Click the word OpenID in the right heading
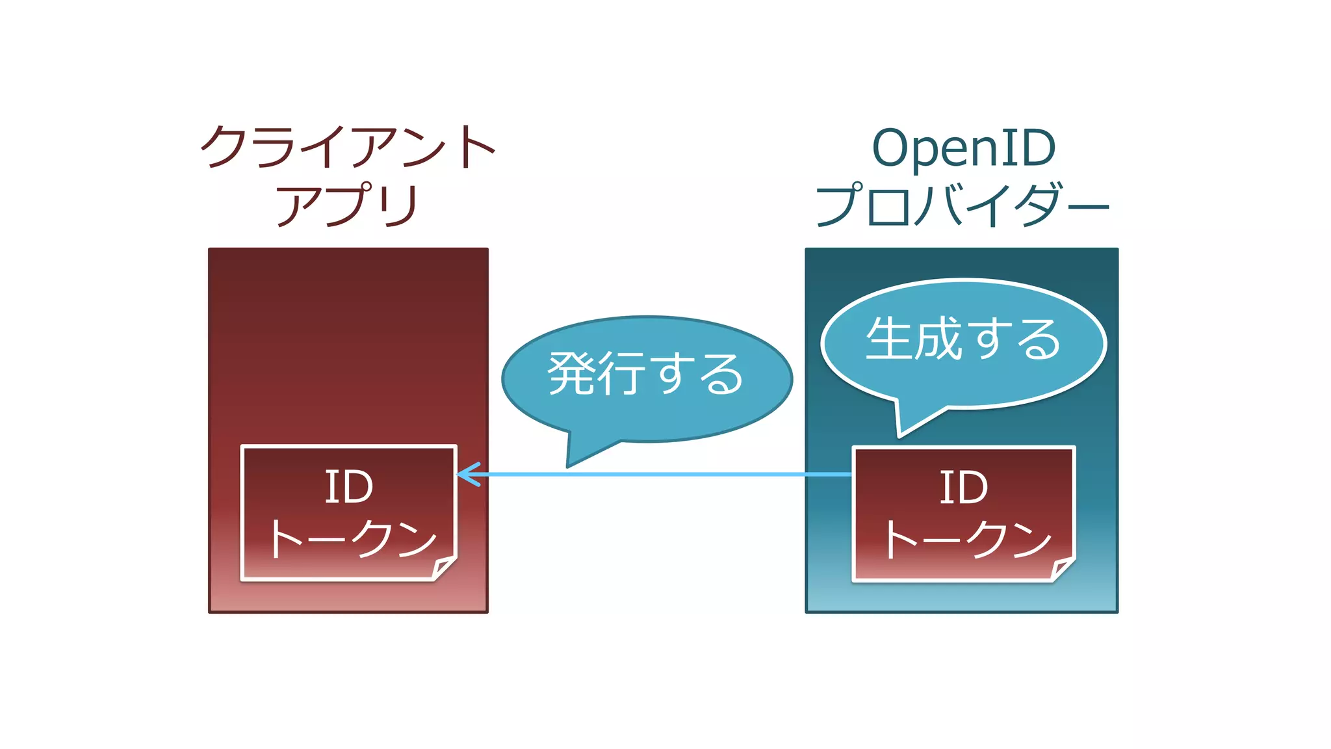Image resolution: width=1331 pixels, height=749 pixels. tap(963, 148)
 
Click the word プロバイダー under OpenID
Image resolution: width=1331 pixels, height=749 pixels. tap(962, 205)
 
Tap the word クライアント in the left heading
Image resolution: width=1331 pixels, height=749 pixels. tap(348, 147)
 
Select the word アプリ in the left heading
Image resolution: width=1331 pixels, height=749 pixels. tap(347, 205)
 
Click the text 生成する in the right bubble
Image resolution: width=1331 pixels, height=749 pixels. tap(963, 339)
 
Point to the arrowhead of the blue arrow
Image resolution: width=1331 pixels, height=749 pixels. tap(463, 475)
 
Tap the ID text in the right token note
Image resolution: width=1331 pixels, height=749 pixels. tap(964, 488)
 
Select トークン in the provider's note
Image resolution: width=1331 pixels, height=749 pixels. tap(967, 540)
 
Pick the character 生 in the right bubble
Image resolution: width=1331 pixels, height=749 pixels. tap(888, 339)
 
